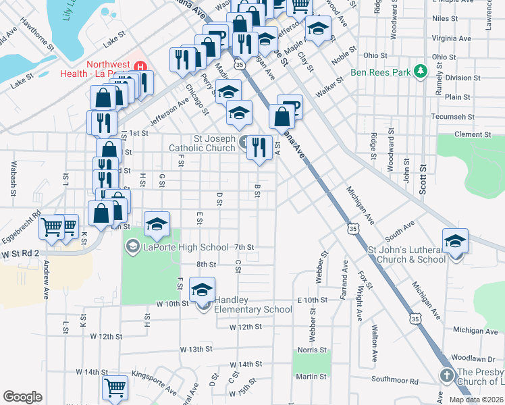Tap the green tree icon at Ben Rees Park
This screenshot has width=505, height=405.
coord(420,71)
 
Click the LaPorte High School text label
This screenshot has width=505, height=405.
coord(186,248)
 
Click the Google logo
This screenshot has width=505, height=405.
coord(22,396)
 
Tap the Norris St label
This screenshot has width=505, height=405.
coord(313,350)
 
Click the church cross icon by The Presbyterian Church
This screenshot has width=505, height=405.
coord(446,375)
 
